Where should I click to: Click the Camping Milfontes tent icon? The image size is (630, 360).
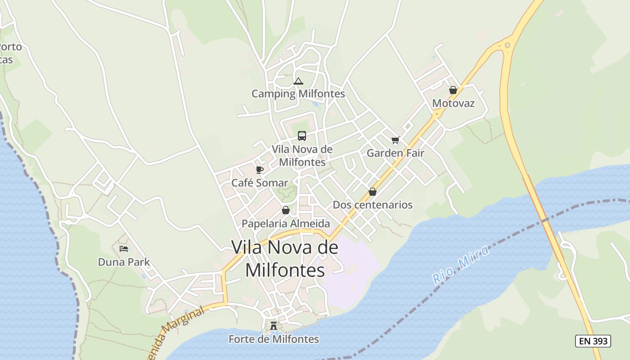tap(298, 81)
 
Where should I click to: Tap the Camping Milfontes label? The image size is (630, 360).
tap(298, 94)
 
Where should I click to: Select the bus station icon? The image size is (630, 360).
tap(302, 135)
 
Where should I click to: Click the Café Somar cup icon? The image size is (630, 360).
tap(259, 170)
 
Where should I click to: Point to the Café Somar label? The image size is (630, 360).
tap(259, 183)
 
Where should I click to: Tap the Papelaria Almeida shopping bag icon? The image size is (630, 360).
tap(286, 210)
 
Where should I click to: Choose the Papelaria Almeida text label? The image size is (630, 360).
tap(286, 223)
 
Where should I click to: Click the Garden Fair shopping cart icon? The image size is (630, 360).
tap(396, 140)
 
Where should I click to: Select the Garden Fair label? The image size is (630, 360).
tap(396, 153)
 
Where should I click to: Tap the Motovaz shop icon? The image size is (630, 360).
tap(453, 90)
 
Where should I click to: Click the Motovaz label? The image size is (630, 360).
tap(453, 103)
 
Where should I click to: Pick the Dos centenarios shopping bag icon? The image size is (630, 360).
tap(373, 192)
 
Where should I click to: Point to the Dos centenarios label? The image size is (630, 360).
tap(373, 205)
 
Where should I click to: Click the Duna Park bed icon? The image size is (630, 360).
tap(124, 248)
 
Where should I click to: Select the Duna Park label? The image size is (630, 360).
tap(124, 262)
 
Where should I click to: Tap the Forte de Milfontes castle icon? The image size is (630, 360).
tap(274, 326)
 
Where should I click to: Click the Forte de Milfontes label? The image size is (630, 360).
tap(274, 339)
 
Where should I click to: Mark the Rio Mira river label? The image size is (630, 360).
tap(461, 265)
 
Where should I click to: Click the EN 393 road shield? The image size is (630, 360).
tap(593, 341)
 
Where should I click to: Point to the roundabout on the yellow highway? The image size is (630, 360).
tap(508, 45)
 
